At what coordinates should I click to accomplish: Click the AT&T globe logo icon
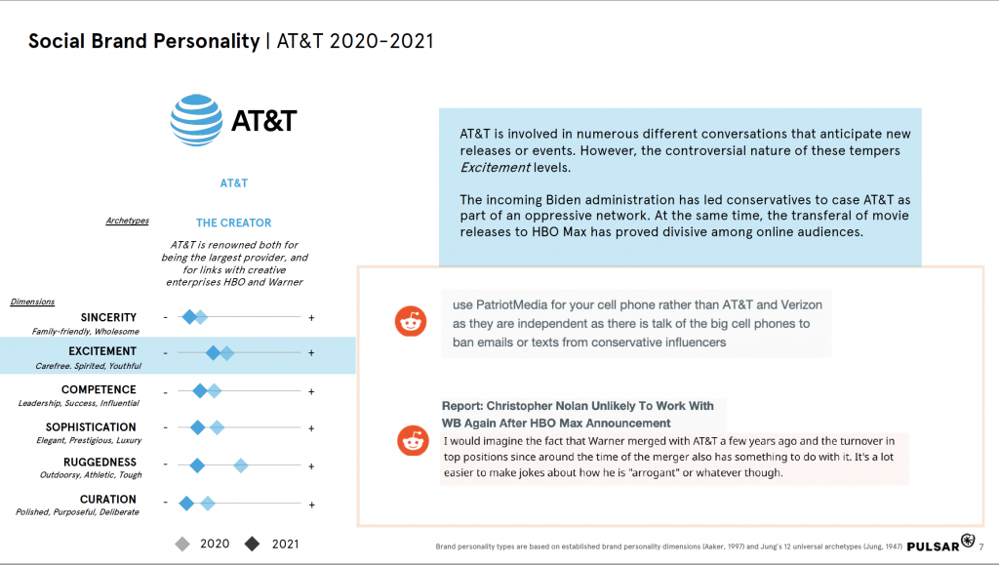(196, 121)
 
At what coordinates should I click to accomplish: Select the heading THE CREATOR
(233, 222)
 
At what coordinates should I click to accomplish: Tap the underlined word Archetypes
(127, 222)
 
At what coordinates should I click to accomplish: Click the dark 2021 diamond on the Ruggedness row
(197, 465)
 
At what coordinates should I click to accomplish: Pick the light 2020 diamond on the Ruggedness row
(240, 465)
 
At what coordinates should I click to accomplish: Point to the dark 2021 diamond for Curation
(186, 504)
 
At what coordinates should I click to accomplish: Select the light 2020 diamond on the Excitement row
(226, 353)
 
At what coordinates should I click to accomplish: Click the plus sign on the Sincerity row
(311, 317)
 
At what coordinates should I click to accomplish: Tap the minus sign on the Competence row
(165, 391)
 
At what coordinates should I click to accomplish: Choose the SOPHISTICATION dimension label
(91, 427)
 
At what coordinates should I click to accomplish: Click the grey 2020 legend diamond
(181, 544)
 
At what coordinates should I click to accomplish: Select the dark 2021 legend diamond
(253, 544)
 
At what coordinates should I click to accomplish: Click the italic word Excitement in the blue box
(495, 168)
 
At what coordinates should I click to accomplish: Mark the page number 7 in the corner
(980, 546)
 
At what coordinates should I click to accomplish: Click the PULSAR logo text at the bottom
(933, 546)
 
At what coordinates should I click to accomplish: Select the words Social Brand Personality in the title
(144, 41)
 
